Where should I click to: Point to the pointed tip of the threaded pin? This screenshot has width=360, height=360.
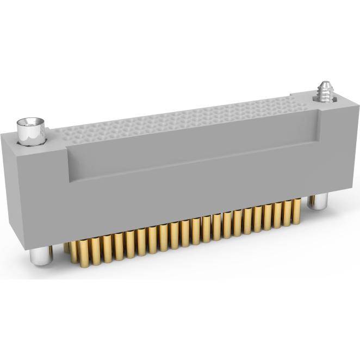pyautogui.click(x=326, y=82)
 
